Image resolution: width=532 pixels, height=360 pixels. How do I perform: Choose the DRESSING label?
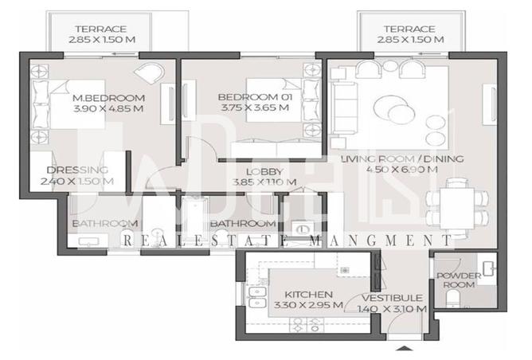tap(77, 170)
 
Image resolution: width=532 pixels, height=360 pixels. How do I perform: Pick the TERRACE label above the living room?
tap(408, 29)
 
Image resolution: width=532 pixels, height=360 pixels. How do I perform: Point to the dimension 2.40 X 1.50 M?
tap(77, 181)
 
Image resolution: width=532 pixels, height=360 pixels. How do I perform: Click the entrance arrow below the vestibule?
tap(406, 349)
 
